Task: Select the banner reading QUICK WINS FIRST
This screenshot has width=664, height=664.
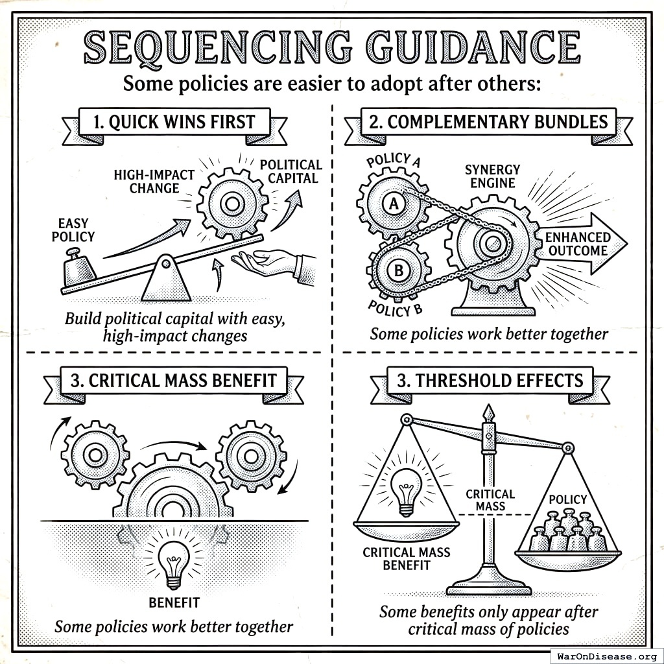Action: [174, 121]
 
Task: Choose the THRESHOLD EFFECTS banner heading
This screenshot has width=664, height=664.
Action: [490, 381]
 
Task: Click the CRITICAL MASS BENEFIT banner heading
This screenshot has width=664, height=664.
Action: [173, 381]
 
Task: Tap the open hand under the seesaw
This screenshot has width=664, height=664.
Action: [266, 262]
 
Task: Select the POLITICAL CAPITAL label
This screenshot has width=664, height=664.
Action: [291, 171]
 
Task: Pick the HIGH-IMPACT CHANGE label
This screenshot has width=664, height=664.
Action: [146, 181]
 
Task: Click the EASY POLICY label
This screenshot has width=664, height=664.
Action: [73, 230]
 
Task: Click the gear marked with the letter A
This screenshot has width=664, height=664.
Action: [392, 204]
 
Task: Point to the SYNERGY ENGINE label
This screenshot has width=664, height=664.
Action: [492, 176]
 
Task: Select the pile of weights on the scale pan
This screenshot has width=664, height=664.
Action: [569, 532]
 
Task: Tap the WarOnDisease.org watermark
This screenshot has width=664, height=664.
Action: [606, 655]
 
